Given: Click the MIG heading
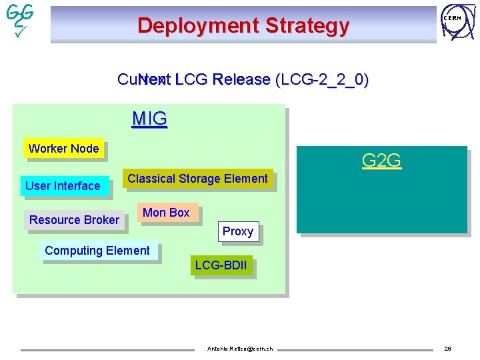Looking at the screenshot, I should (149, 119).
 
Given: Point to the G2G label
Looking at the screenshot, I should (381, 161).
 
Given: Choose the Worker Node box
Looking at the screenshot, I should (63, 149).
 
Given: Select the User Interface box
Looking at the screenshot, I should (63, 186).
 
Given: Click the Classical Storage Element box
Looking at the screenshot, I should (197, 179).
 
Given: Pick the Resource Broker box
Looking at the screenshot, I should (74, 220).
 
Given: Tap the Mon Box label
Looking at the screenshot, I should (167, 213).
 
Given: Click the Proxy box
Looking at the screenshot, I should (238, 231).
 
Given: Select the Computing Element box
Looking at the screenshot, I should (97, 251).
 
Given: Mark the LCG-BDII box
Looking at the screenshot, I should (221, 265).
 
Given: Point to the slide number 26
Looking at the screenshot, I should (447, 349).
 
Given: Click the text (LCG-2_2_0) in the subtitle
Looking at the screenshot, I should (321, 80).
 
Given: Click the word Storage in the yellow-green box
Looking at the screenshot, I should (199, 179).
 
